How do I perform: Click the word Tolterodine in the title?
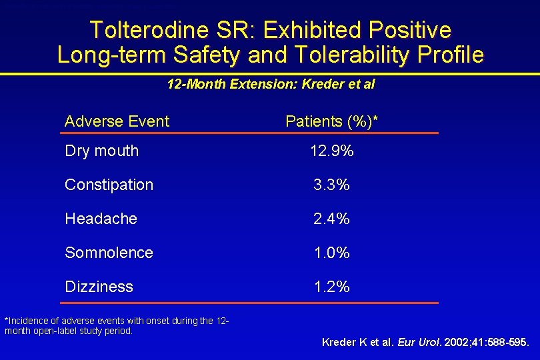(149, 29)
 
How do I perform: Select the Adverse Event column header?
(117, 121)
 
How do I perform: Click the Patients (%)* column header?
(331, 121)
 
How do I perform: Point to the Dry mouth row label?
(102, 151)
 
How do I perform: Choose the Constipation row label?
(109, 185)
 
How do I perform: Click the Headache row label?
(101, 219)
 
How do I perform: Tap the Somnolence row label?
(109, 253)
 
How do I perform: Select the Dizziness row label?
(99, 287)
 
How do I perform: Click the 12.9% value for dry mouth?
(332, 151)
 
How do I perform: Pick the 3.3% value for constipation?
(331, 185)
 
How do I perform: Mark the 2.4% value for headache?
(331, 219)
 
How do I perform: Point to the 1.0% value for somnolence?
(332, 253)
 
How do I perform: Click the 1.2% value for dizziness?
(332, 287)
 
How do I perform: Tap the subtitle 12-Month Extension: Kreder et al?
(271, 85)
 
